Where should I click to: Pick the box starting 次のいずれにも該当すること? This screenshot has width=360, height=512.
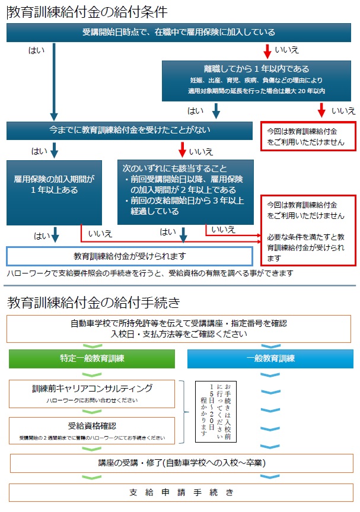[186, 191]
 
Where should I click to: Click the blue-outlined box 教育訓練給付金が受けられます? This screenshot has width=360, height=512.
[130, 256]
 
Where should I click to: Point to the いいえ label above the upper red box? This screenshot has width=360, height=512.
[343, 110]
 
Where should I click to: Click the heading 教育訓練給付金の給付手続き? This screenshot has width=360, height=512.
[94, 303]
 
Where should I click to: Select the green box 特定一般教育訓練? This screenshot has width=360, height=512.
[92, 358]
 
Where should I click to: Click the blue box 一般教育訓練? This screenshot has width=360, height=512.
[270, 358]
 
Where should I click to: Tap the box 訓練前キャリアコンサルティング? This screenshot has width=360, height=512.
[92, 393]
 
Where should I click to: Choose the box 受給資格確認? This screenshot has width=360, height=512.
[92, 430]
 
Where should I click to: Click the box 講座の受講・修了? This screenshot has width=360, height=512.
[181, 462]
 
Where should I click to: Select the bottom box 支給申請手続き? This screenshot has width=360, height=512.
[181, 492]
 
